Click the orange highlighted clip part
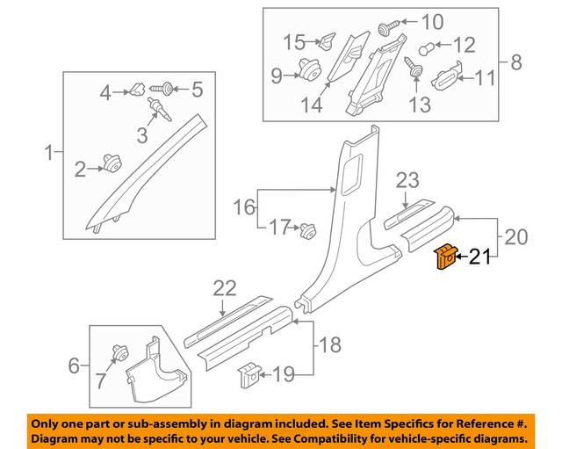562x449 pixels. (x=445, y=257)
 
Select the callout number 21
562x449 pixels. (x=479, y=257)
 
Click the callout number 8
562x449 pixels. (x=515, y=62)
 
